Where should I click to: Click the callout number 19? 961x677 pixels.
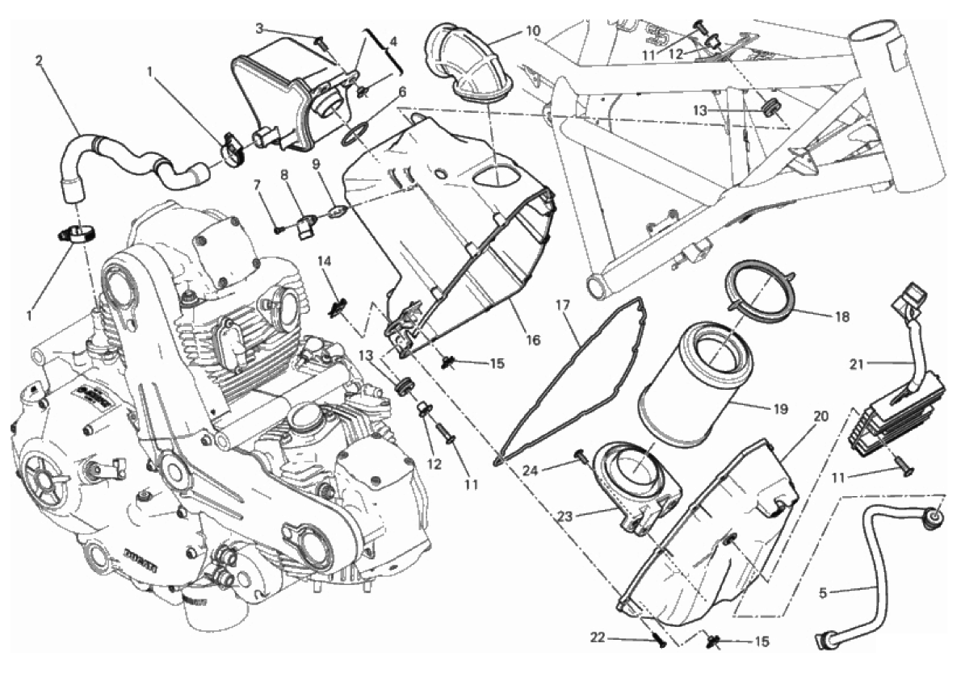tap(779, 408)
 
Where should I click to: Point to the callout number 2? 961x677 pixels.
tap(39, 60)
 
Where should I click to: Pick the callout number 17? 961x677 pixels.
tap(564, 305)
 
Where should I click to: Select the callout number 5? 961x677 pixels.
tap(823, 594)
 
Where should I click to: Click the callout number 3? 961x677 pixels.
tap(260, 28)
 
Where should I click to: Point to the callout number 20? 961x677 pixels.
tap(820, 417)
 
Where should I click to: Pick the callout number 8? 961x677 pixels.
tap(284, 175)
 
